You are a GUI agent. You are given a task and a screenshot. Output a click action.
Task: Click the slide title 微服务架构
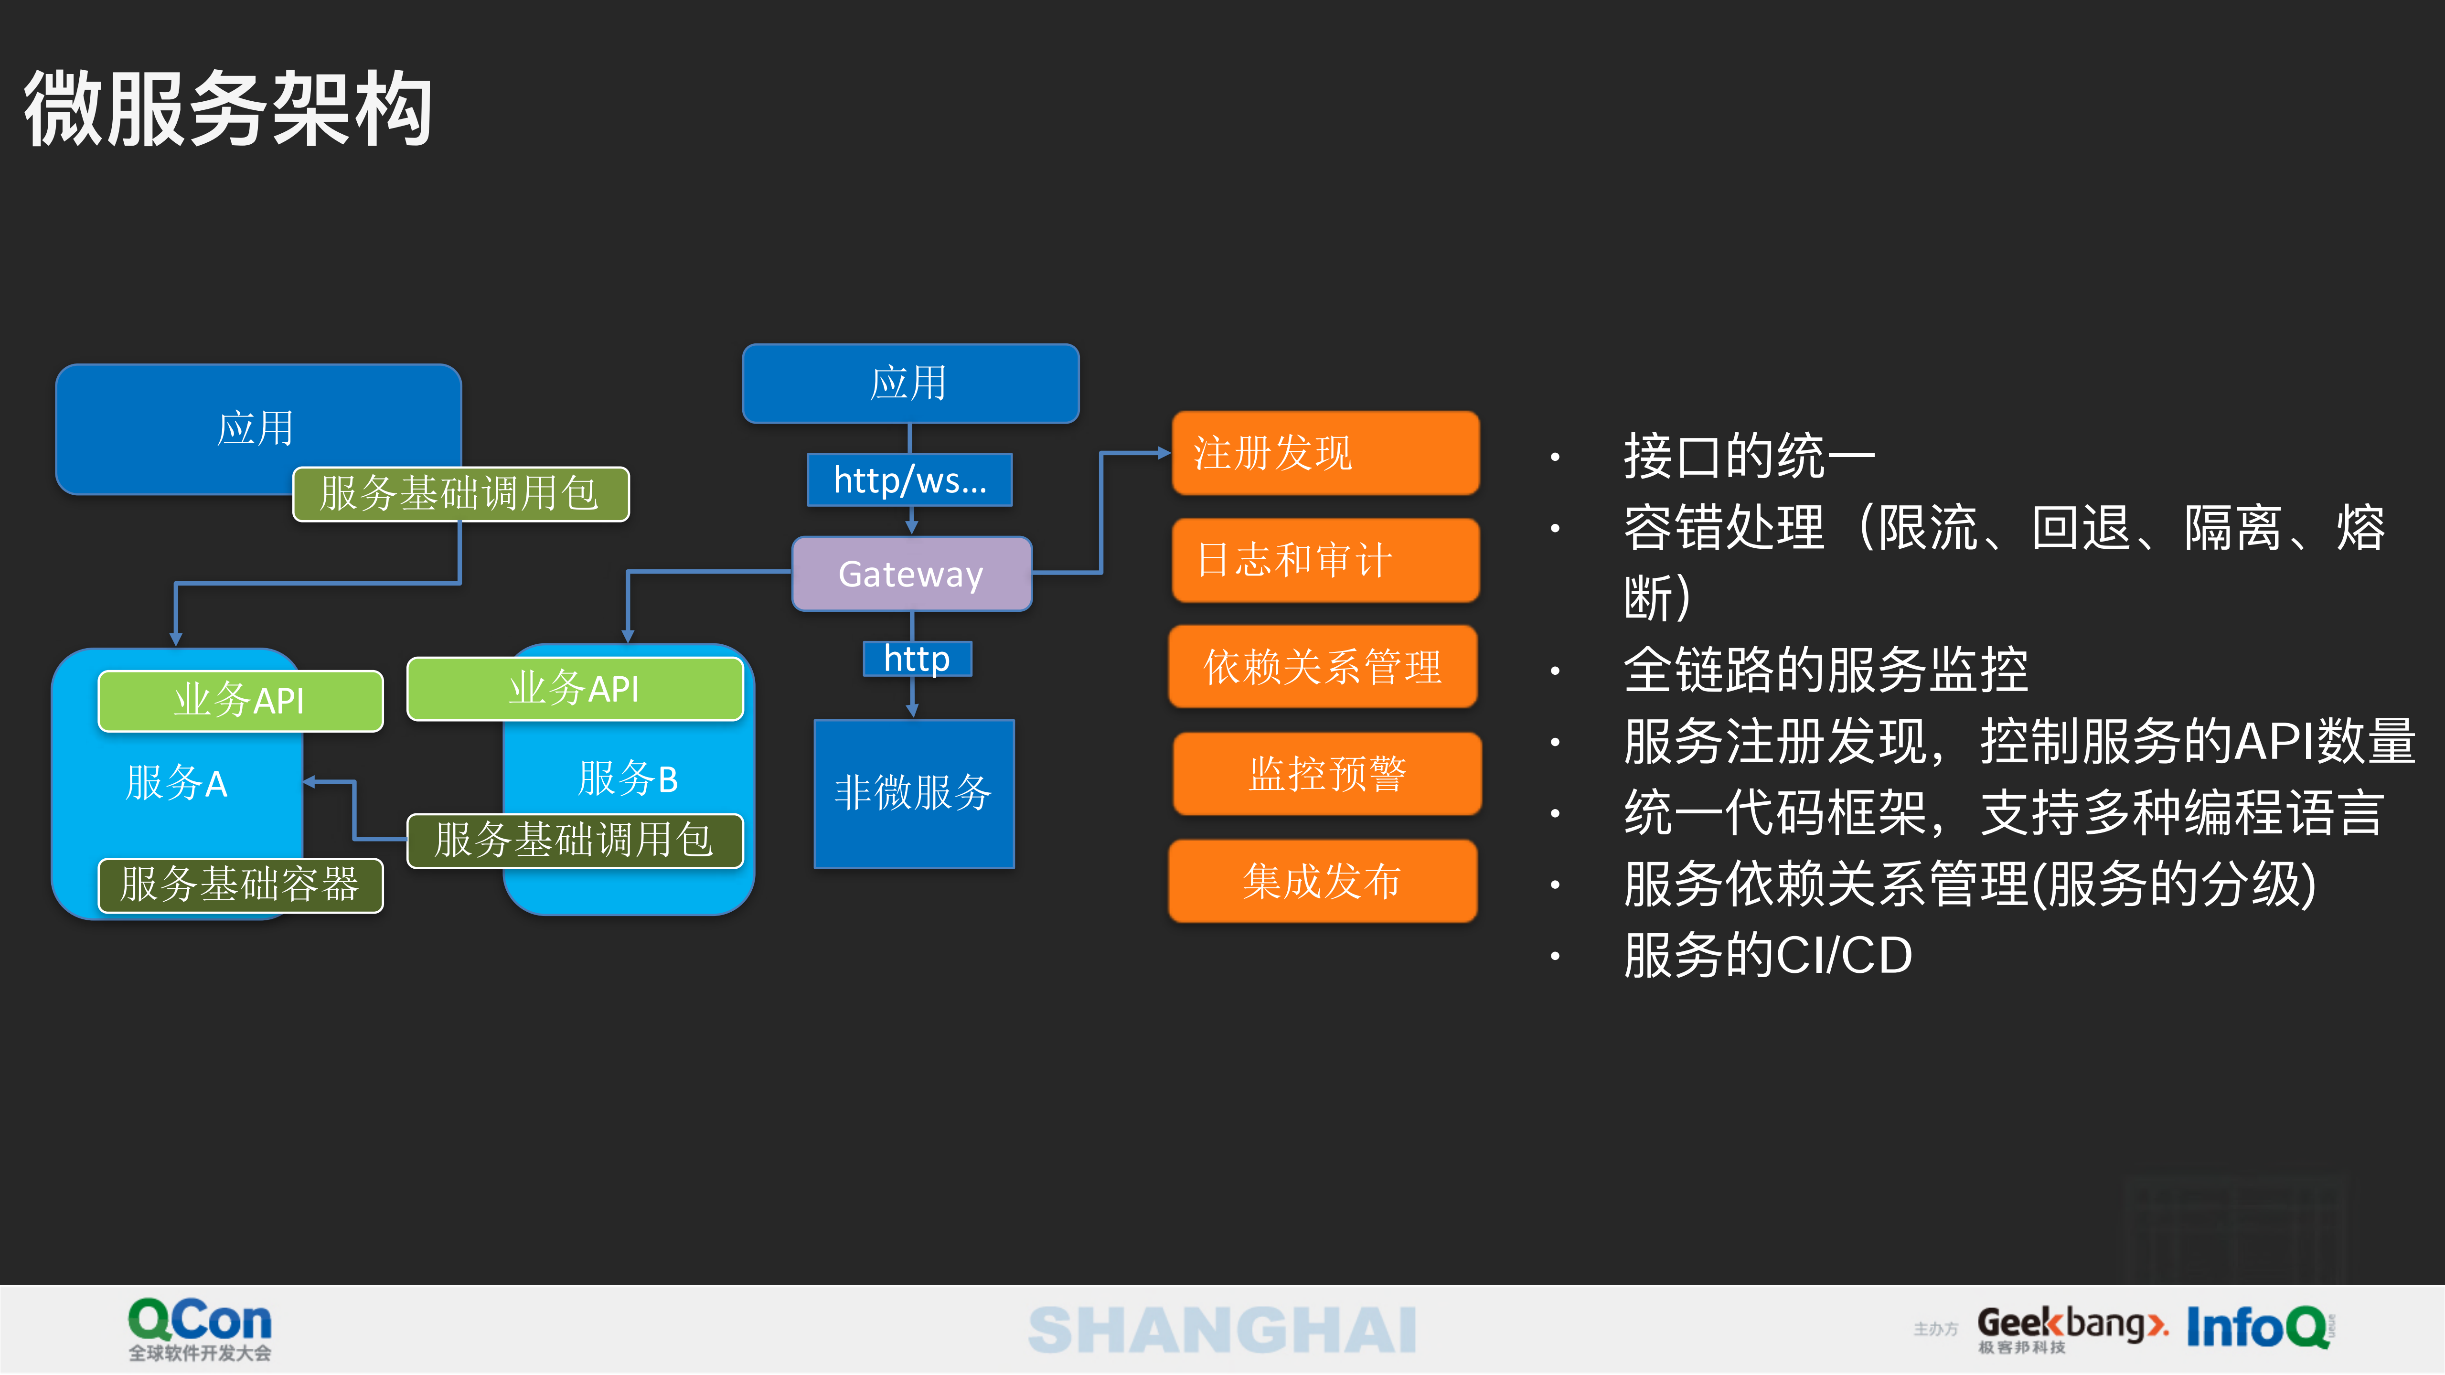228,108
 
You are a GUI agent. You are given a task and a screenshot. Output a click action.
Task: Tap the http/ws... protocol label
909,480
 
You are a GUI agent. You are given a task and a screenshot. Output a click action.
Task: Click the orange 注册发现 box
1325,453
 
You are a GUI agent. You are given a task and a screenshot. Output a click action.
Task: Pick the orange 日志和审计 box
1325,560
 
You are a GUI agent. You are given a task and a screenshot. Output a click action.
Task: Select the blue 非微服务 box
913,793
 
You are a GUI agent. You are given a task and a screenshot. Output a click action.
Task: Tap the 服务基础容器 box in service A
240,885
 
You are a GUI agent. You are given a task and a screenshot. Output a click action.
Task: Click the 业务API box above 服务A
240,700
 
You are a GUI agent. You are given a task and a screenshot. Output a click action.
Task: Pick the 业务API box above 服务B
574,688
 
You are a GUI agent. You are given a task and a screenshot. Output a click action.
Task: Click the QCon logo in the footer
199,1329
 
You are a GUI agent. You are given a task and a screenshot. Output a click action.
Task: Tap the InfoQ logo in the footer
2259,1327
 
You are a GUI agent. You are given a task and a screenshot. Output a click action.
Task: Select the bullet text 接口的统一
1748,457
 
